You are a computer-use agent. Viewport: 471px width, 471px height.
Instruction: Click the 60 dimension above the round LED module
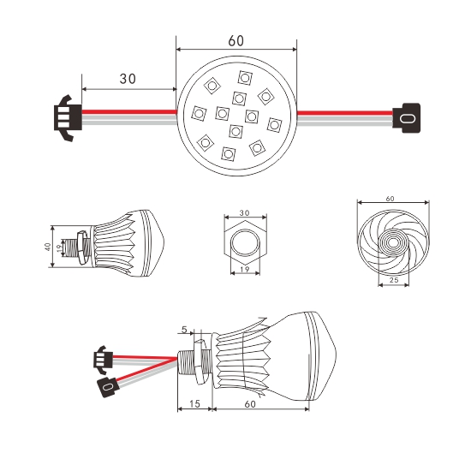point(235,41)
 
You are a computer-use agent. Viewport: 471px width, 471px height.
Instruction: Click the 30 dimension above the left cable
point(128,79)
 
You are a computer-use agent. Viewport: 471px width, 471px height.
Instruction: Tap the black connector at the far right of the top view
point(407,118)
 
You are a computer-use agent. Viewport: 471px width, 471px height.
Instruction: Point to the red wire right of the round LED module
point(344,113)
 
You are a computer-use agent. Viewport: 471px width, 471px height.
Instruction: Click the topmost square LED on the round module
point(245,78)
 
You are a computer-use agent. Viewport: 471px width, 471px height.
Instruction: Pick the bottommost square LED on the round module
point(228,153)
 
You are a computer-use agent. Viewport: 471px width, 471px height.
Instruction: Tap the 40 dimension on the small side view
point(47,247)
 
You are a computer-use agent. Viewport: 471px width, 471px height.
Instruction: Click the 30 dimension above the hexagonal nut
point(245,212)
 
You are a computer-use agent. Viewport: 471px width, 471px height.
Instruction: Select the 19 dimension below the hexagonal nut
point(245,269)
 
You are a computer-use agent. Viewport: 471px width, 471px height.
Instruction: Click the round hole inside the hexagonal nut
point(245,242)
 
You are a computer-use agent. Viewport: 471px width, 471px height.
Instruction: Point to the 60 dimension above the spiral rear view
point(390,199)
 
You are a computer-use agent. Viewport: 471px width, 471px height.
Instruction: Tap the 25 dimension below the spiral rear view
point(394,280)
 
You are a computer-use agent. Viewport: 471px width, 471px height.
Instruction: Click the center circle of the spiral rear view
point(392,242)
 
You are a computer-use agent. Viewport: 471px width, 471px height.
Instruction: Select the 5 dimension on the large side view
point(184,330)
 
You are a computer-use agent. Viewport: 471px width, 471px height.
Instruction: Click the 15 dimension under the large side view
point(194,403)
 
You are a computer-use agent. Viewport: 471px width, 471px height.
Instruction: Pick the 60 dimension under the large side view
point(250,404)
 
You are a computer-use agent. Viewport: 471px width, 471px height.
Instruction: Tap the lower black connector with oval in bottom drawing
point(108,387)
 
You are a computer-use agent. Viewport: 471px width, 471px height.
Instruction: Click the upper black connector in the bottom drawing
point(103,360)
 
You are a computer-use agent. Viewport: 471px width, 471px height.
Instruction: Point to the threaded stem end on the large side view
point(180,362)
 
